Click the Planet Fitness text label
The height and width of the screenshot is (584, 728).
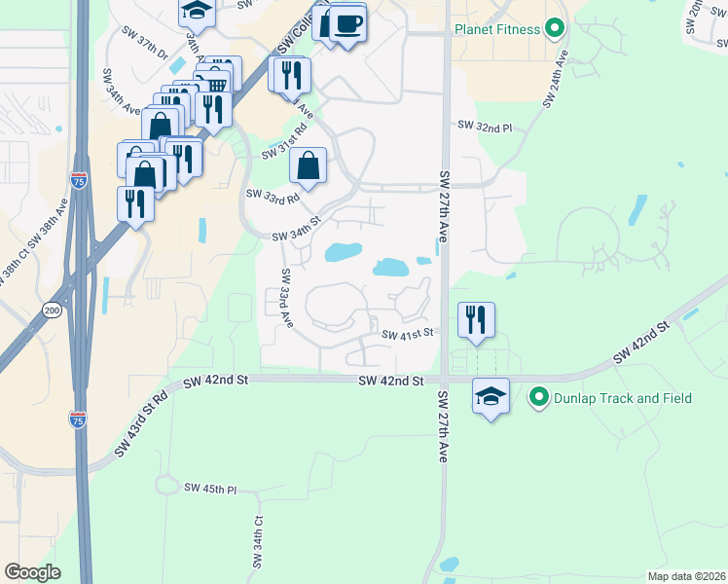coord(496,29)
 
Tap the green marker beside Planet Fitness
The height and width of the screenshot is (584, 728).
coord(556,28)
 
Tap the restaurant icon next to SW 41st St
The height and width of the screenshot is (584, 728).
coord(476,320)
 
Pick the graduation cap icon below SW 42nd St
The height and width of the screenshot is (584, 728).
coord(491,396)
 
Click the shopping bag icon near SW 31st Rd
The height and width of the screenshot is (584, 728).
coord(308,165)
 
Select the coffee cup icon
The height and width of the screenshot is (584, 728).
coord(347,22)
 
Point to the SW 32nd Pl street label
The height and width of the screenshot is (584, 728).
coord(484,127)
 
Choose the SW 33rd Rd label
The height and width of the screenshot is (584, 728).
coord(273,198)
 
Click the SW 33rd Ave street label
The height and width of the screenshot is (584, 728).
coord(286,297)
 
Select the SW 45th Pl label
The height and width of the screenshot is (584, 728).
coord(210,489)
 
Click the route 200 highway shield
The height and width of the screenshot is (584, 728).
coord(52,310)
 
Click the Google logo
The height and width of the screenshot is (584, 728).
coord(32,572)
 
